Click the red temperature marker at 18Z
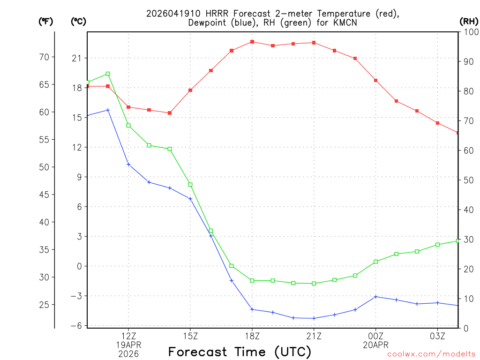[x=252, y=42]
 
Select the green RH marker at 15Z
[x=190, y=184]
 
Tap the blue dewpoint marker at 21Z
[x=314, y=318]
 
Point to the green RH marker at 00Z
[x=376, y=262]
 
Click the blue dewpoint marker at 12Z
[x=128, y=164]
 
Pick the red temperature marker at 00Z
[x=376, y=80]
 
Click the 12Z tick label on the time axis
[x=128, y=336]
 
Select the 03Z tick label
[x=437, y=336]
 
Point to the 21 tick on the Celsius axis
[x=76, y=58]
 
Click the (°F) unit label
[x=45, y=21]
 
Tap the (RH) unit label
[x=469, y=21]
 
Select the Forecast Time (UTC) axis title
[x=240, y=352]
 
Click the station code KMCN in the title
[x=345, y=22]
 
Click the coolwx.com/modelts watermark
[x=431, y=354]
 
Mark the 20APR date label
[x=375, y=345]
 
